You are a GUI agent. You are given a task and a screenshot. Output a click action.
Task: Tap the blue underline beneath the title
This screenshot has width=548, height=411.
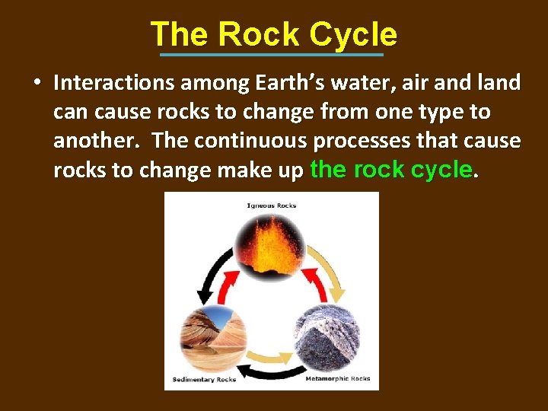coord(272,55)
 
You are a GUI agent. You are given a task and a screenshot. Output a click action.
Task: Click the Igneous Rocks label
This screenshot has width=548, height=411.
coord(272,205)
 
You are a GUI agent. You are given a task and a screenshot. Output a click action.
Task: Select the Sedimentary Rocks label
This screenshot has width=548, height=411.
coord(204,379)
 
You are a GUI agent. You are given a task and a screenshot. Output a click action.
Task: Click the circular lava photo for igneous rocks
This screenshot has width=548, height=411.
coord(272,244)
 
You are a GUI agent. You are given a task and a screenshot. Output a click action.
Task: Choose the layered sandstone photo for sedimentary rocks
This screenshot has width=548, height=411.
coord(211,336)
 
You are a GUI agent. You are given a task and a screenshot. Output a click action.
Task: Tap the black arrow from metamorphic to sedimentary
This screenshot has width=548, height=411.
coord(272,374)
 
